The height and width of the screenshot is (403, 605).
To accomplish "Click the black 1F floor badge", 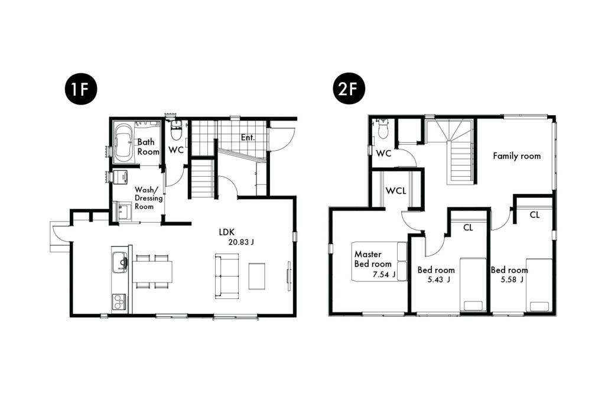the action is click(81, 89).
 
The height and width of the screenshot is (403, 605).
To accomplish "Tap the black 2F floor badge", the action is click(349, 89).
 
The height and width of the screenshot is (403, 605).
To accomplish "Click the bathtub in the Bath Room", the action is click(123, 142).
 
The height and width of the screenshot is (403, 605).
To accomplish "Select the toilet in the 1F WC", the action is click(176, 130).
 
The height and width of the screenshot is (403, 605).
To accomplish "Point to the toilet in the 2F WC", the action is click(383, 128).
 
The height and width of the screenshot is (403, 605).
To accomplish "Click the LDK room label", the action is click(227, 232).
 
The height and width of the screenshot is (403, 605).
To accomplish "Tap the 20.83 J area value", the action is click(241, 242).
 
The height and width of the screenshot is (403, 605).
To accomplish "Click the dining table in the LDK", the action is click(152, 271).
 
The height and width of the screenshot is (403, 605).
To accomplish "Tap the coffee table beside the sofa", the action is click(256, 276).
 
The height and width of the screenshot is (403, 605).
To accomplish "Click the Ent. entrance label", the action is click(248, 138).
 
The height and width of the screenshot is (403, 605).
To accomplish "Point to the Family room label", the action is click(516, 156).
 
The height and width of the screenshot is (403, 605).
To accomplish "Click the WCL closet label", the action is click(396, 191).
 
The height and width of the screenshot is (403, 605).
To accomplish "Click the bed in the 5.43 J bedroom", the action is click(473, 285).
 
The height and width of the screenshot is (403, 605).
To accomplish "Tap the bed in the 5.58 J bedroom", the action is click(539, 285).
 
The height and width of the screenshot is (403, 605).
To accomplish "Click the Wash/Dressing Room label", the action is click(148, 198).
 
